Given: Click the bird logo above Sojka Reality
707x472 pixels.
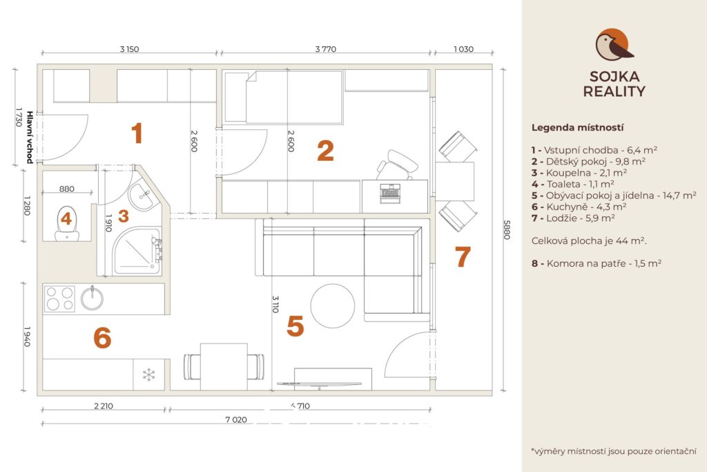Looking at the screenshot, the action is (x=614, y=45).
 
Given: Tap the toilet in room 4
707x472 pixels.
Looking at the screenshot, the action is (x=66, y=223).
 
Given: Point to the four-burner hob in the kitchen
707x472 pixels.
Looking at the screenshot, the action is (x=59, y=299).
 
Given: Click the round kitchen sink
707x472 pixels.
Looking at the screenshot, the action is (x=92, y=299).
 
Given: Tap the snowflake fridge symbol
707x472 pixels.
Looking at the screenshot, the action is (x=149, y=374).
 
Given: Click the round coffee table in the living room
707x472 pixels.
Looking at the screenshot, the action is (x=333, y=305).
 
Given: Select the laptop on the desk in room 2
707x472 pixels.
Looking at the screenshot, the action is (x=391, y=193).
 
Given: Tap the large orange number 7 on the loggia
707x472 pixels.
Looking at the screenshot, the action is (x=463, y=256).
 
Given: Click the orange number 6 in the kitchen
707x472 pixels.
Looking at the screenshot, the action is (x=102, y=337).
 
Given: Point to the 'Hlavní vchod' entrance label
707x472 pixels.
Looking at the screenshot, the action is (x=30, y=138).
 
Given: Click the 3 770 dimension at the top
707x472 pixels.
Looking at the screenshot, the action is (x=326, y=49).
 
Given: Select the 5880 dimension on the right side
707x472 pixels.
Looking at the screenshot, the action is (x=507, y=229).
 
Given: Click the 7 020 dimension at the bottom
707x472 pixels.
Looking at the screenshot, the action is (x=236, y=419).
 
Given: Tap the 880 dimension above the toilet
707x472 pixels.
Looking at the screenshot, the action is (x=67, y=189).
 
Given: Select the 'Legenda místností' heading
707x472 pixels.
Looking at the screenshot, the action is (x=577, y=128).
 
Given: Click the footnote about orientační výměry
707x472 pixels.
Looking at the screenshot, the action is (x=614, y=451).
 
